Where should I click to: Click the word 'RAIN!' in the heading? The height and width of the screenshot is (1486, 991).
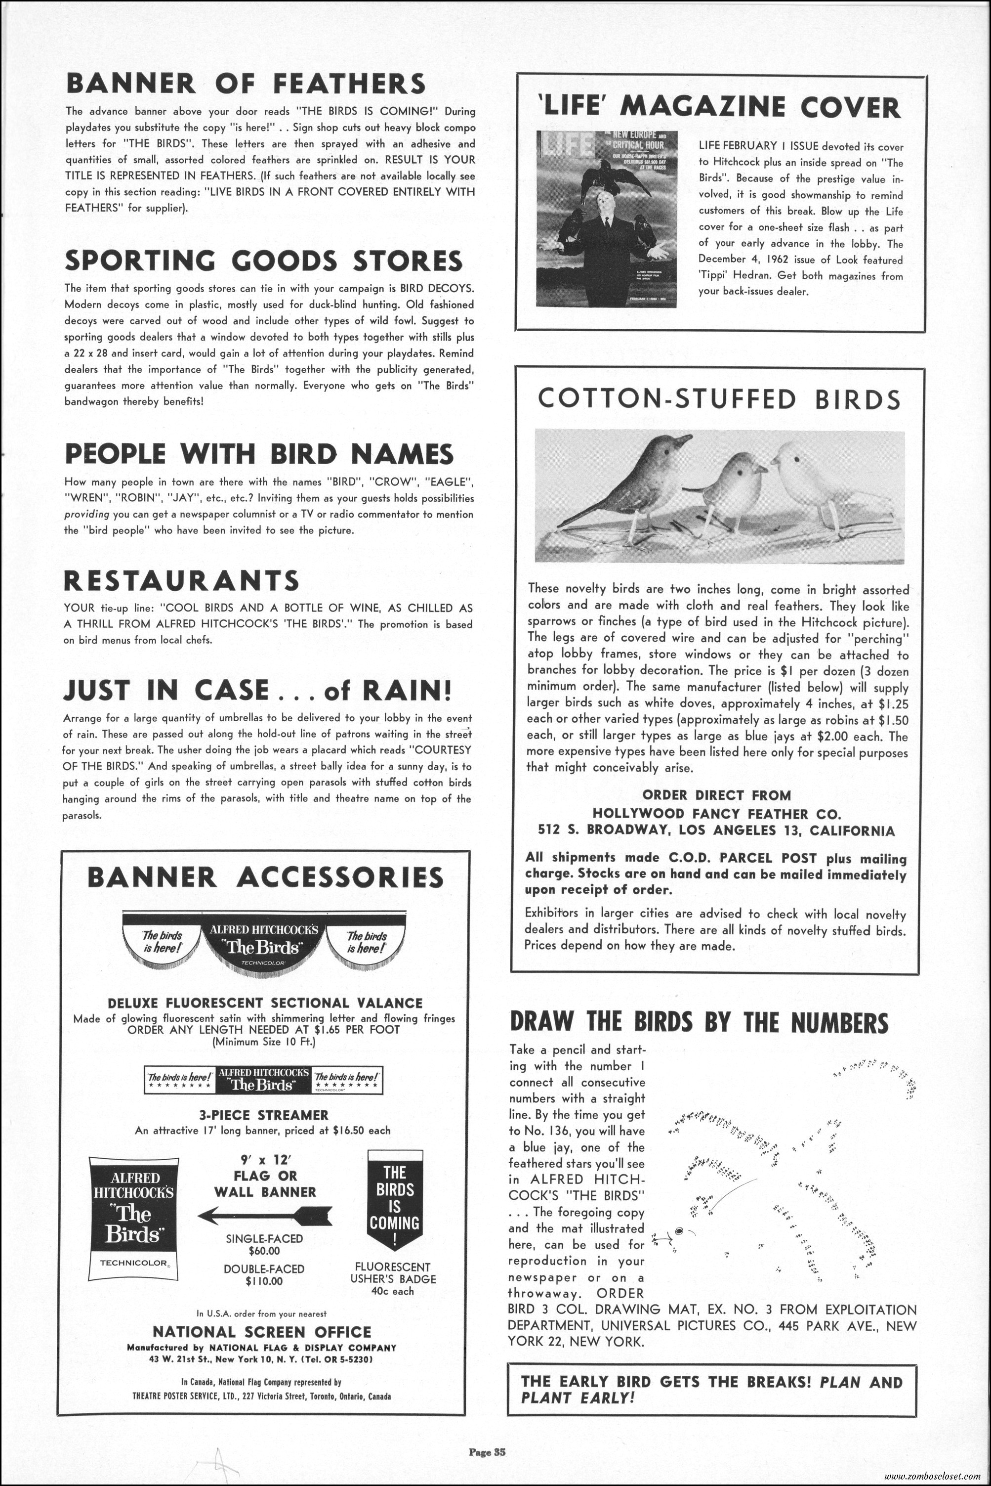(410, 690)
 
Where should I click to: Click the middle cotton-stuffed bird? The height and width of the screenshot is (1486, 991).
(736, 490)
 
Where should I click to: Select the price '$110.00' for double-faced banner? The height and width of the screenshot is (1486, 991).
(264, 1282)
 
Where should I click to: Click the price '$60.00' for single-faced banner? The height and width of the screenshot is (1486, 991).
(264, 1251)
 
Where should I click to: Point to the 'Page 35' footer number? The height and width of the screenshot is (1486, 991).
(487, 1434)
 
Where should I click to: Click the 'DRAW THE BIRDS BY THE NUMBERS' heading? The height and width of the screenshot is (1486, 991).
(699, 1022)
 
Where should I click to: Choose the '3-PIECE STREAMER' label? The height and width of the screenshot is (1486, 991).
(263, 1115)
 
